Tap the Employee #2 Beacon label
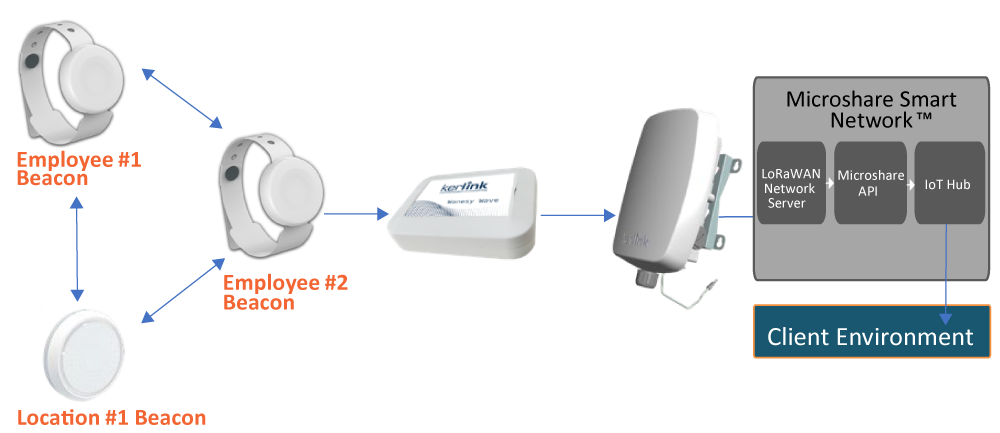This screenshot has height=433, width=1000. (284, 292)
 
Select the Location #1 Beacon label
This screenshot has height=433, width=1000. (111, 416)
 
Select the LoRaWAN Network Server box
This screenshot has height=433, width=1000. (791, 182)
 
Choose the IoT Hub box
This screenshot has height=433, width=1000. (949, 182)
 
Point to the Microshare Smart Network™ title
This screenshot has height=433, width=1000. (871, 109)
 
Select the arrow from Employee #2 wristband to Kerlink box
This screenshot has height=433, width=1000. (356, 214)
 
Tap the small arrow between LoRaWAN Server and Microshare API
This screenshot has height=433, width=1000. (830, 182)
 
